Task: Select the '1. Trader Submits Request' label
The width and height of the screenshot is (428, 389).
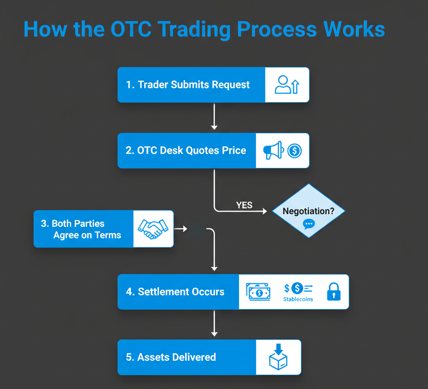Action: pyautogui.click(x=188, y=84)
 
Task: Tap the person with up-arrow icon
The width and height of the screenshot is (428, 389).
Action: pyautogui.click(x=287, y=84)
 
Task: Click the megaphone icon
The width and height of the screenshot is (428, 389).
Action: pyautogui.click(x=273, y=151)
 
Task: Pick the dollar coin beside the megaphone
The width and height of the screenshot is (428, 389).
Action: pyautogui.click(x=294, y=151)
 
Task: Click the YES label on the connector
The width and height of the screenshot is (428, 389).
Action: pyautogui.click(x=244, y=205)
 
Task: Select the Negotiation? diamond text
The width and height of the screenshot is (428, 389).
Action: pyautogui.click(x=308, y=211)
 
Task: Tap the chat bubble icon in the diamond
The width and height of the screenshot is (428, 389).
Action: pyautogui.click(x=309, y=224)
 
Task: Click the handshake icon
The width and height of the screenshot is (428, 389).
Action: pyautogui.click(x=153, y=229)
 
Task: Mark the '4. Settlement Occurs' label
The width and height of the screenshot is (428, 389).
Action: pyautogui.click(x=175, y=292)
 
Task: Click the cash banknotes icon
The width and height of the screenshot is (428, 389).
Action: pyautogui.click(x=258, y=292)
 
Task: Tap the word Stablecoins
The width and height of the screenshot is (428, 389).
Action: pyautogui.click(x=298, y=299)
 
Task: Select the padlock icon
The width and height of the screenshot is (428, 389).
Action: pyautogui.click(x=333, y=292)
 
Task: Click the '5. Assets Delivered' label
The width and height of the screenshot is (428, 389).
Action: pyautogui.click(x=171, y=357)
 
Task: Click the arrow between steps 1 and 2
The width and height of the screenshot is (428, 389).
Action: pyautogui.click(x=214, y=117)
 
